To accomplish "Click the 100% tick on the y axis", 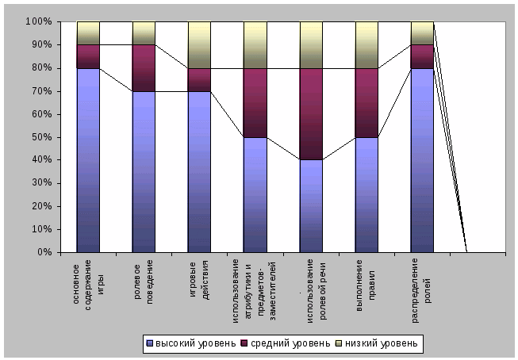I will pyautogui.click(x=38, y=21).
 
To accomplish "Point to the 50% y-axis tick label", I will pyautogui.click(x=40, y=137).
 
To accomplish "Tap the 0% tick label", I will pyautogui.click(x=43, y=252).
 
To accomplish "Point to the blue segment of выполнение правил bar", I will pyautogui.click(x=366, y=194).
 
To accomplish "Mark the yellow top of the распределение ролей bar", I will pyautogui.click(x=422, y=33).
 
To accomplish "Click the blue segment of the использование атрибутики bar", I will pyautogui.click(x=255, y=194).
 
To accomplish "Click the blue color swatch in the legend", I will pyautogui.click(x=148, y=343).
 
